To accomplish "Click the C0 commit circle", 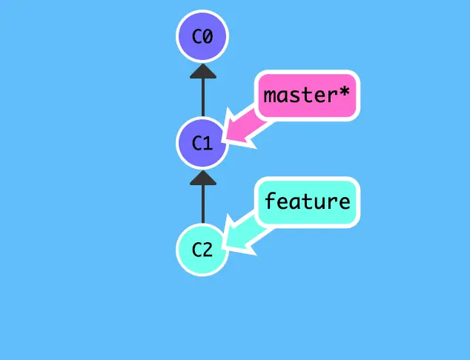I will (202, 36).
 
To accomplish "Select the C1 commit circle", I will (202, 143).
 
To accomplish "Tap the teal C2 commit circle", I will (202, 250).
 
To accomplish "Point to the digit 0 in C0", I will (208, 36).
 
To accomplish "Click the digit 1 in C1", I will (208, 143).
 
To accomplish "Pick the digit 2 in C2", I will (208, 250).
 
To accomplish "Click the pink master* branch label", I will (307, 96).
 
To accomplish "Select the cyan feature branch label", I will (307, 201).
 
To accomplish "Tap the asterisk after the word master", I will (345, 94).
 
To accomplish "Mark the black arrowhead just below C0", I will (202, 71).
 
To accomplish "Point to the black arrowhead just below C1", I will (202, 178).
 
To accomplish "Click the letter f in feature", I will (271, 201).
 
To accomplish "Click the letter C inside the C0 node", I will (196, 36).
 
